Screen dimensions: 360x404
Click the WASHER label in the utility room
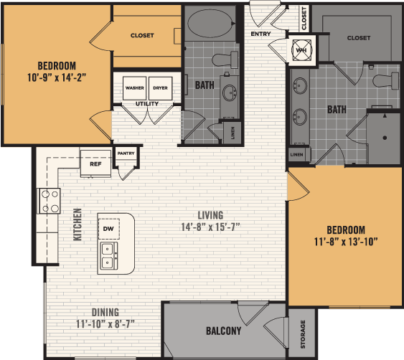(134, 87)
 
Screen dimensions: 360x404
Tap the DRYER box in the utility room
(161, 87)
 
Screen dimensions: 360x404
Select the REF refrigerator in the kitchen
(95, 164)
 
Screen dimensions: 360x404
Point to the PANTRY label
(126, 153)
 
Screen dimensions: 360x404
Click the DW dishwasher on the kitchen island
(109, 228)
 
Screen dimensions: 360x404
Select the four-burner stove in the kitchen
(49, 201)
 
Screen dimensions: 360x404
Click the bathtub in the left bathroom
(211, 24)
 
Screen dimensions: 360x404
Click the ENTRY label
(260, 33)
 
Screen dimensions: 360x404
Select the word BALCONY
(223, 331)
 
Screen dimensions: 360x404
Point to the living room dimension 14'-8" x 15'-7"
(210, 227)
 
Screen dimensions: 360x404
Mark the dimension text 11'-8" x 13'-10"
(346, 241)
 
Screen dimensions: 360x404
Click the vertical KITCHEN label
(77, 224)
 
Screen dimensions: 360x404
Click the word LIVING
(210, 215)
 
